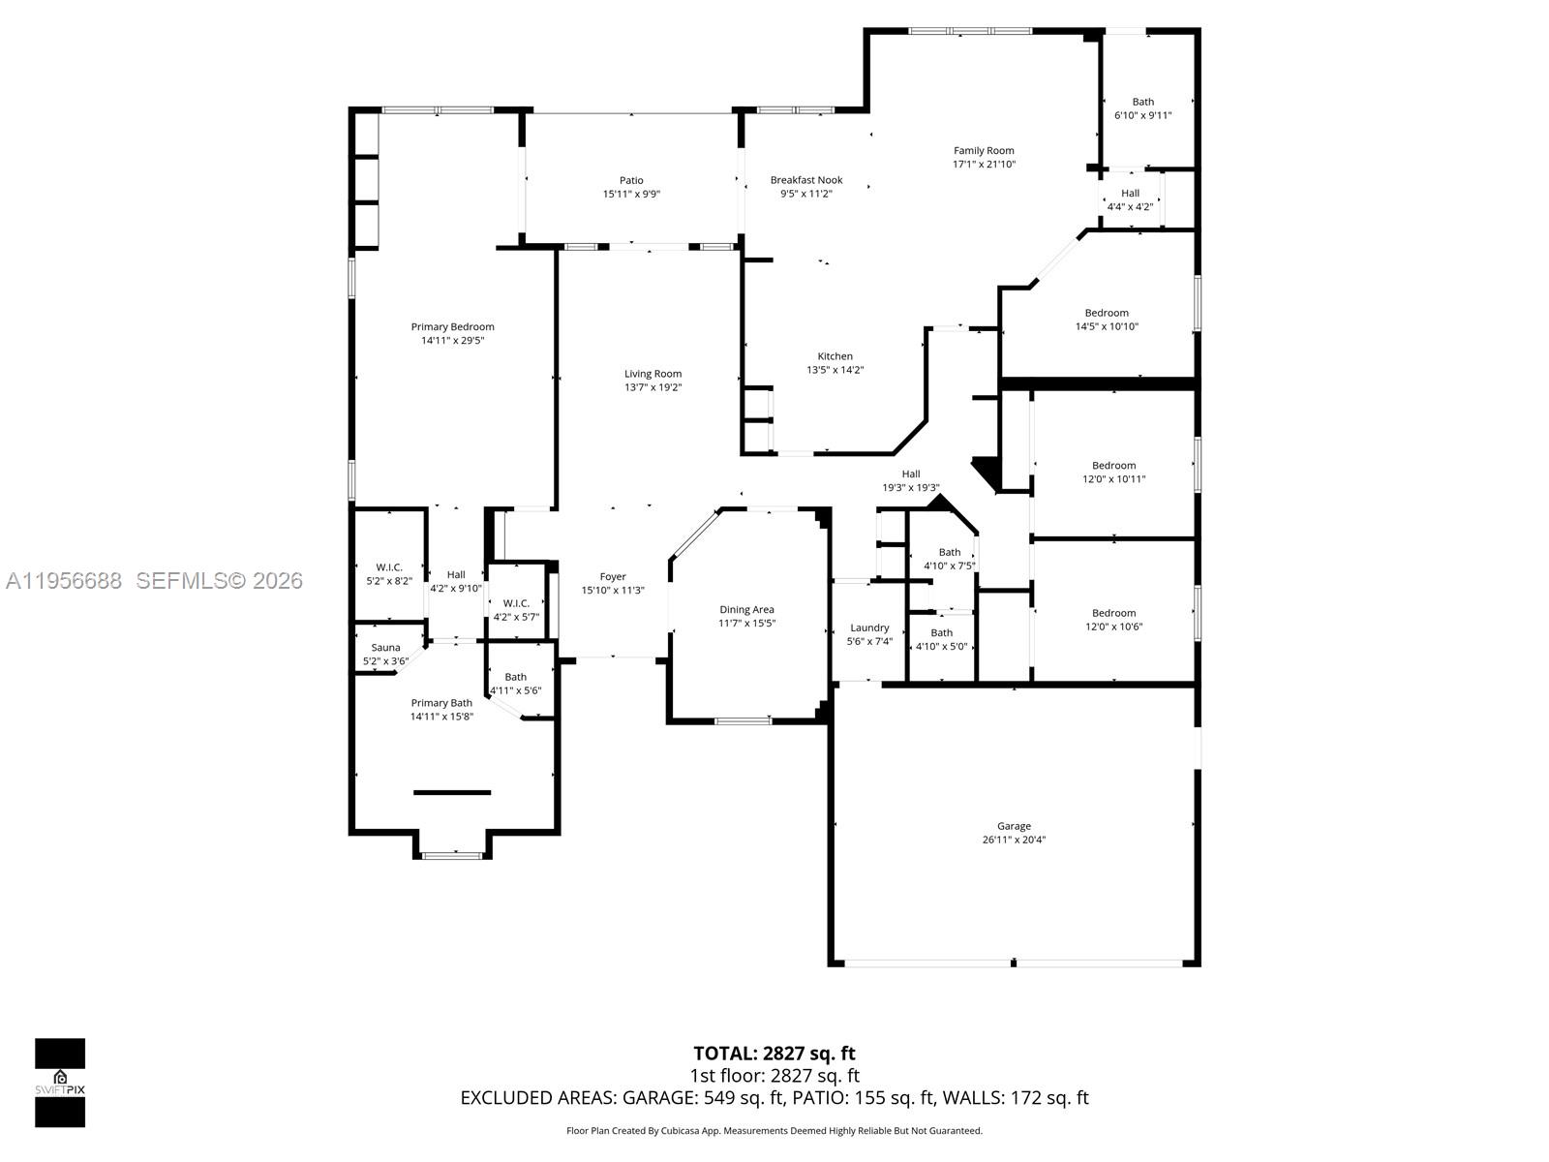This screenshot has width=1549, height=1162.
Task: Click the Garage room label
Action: (1014, 826)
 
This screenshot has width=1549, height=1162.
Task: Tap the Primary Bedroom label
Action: (452, 327)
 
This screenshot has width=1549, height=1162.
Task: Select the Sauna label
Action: (385, 648)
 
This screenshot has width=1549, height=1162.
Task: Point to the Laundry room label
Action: (869, 627)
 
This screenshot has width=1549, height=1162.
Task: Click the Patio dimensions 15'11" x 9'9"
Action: (631, 194)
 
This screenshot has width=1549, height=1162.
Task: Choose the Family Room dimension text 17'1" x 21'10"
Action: (984, 164)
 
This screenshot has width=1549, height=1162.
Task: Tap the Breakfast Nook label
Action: (806, 180)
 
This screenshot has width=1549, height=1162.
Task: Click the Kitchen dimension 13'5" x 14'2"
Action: (835, 369)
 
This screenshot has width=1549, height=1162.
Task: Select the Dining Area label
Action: (746, 610)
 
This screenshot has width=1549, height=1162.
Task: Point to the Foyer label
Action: (613, 577)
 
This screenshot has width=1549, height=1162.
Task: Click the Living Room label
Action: (653, 374)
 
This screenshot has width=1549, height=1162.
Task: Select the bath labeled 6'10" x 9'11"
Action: (1143, 108)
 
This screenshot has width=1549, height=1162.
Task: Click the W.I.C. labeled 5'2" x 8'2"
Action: (388, 574)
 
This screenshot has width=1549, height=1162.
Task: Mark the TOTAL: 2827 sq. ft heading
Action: (774, 1053)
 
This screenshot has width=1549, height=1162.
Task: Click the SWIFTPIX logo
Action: (60, 1083)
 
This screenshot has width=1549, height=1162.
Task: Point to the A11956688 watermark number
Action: (64, 581)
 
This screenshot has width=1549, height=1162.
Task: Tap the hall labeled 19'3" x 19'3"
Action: (910, 481)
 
